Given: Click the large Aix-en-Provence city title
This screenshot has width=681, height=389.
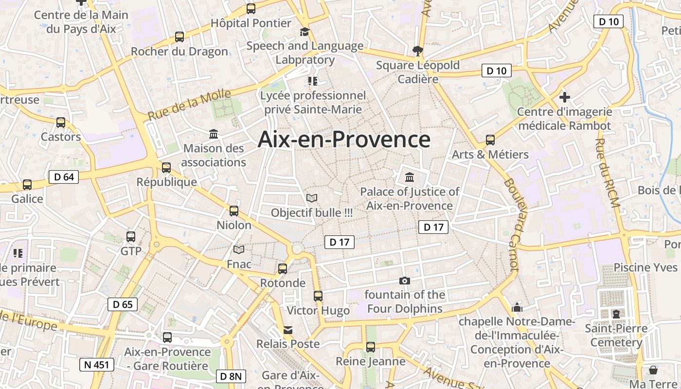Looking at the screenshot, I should coord(344,140).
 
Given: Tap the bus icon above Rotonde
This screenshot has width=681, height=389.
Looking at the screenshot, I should coord(283,269).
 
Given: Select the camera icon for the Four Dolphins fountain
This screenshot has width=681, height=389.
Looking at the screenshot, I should coord(404,281).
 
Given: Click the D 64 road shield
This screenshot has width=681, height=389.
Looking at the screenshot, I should coord(64,177).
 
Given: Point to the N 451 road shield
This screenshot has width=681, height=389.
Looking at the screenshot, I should coord(97,365).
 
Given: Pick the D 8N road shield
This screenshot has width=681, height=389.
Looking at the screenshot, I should coord(231,376).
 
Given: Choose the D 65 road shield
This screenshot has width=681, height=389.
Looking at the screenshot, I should coord(123,304).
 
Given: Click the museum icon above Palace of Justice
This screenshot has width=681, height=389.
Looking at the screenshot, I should coord(410,177).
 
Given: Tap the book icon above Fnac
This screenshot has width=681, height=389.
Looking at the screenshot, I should coord(239,250).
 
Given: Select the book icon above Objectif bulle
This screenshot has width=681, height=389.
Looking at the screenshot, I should coord(312,198).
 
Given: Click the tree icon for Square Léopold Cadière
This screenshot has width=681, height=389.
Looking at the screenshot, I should coord(417,50).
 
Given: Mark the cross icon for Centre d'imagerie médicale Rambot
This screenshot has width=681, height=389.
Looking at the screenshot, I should coord(564,96).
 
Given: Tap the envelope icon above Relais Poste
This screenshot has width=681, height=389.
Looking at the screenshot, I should coord(288,330).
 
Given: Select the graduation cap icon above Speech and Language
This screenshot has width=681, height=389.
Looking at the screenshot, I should coord(305,32).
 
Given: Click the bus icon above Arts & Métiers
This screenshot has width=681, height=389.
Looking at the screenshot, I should coord(490,140).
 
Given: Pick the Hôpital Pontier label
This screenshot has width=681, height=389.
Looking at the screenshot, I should coord(251,23).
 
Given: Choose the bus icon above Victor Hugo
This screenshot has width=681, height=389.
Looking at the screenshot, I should coord(318,296).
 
